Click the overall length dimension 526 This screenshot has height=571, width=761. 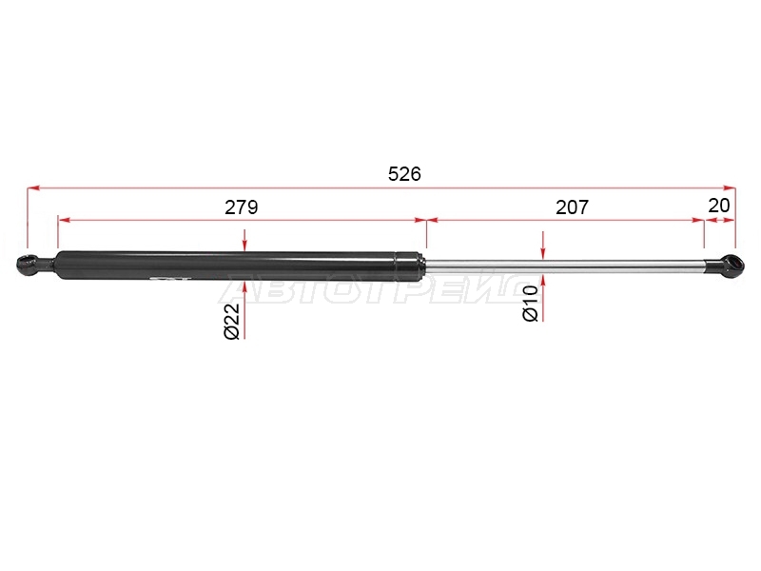pyautogui.click(x=404, y=173)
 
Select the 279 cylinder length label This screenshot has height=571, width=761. pyautogui.click(x=242, y=207)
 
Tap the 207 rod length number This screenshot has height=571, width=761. pyautogui.click(x=573, y=207)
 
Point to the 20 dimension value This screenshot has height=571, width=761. pyautogui.click(x=719, y=206)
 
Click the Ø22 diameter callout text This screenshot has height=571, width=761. pyautogui.click(x=232, y=322)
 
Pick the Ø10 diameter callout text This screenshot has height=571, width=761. pyautogui.click(x=531, y=304)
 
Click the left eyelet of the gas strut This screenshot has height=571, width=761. pyautogui.click(x=27, y=265)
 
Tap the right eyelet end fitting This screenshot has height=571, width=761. pyautogui.click(x=732, y=266)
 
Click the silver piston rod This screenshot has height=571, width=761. pyautogui.click(x=564, y=266)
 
